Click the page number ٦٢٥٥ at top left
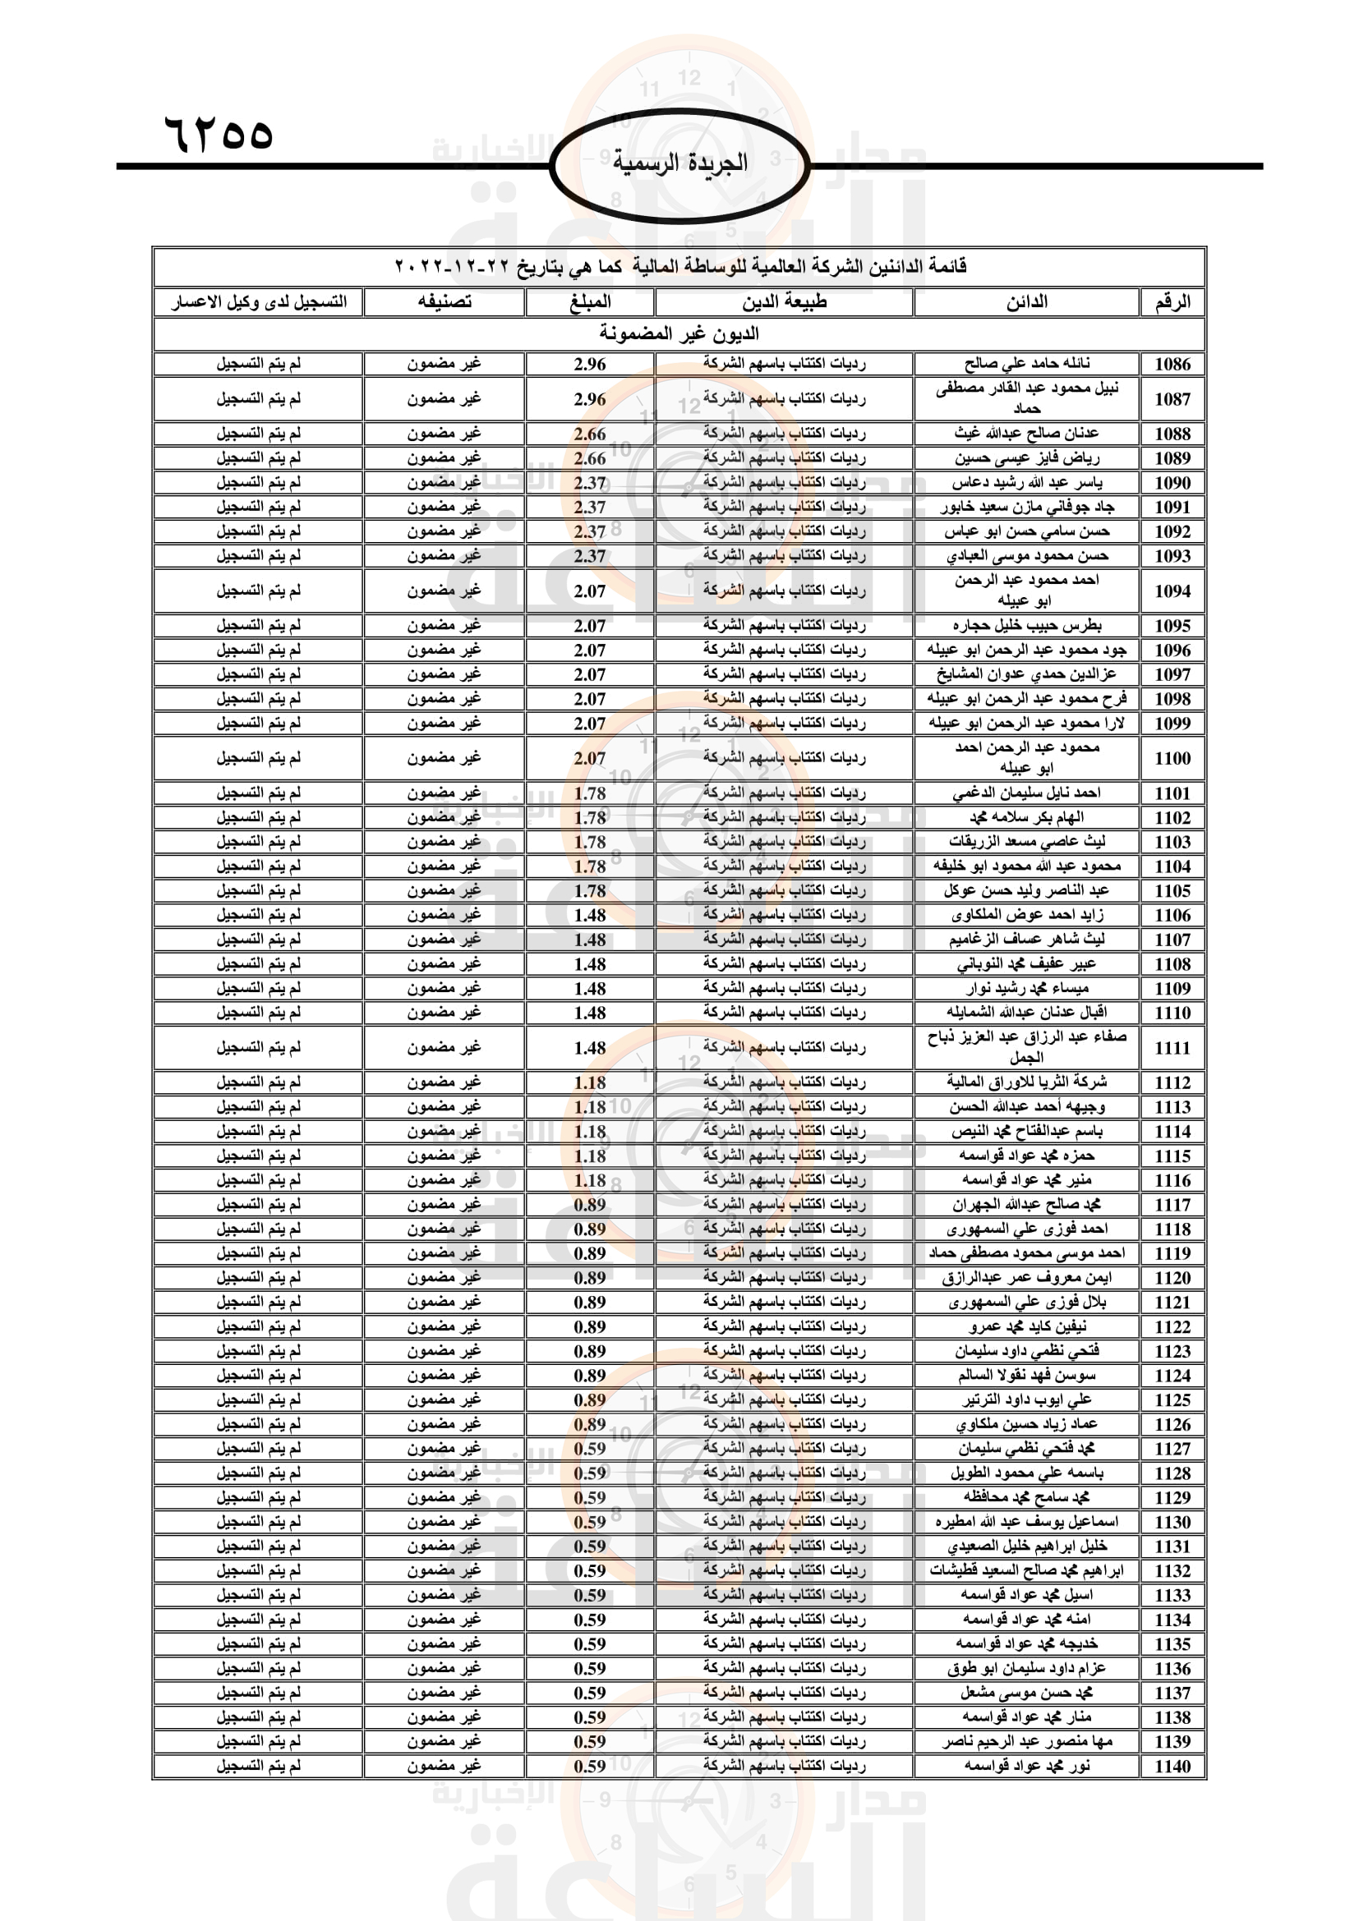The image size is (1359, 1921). [x=219, y=134]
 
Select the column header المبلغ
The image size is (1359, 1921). [x=590, y=302]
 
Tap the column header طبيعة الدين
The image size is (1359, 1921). [x=784, y=302]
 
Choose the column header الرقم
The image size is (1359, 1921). [x=1172, y=302]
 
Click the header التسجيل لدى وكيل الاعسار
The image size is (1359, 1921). [x=259, y=302]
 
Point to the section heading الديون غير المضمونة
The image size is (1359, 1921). [x=679, y=333]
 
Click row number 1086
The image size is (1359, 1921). [x=1172, y=364]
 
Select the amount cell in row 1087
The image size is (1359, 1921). [x=590, y=399]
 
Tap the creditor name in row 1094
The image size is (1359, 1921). [x=1027, y=590]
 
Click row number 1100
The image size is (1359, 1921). [x=1172, y=758]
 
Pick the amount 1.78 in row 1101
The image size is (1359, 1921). [x=590, y=793]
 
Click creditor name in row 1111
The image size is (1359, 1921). [x=1027, y=1046]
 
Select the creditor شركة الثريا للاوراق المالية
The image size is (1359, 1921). [x=1027, y=1082]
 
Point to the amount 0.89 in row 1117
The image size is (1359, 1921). [x=590, y=1205]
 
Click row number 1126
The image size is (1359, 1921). [x=1172, y=1424]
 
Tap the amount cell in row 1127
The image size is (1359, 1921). [x=590, y=1448]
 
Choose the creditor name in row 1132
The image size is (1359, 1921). [x=1027, y=1570]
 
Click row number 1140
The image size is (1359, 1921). [x=1172, y=1767]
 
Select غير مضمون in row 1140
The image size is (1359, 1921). [x=445, y=1767]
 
